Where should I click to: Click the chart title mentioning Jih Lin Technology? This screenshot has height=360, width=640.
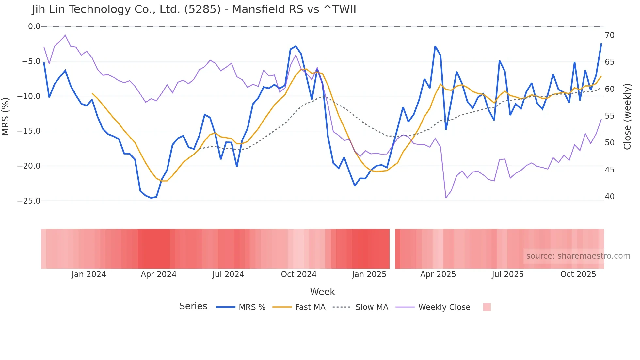[x=194, y=9]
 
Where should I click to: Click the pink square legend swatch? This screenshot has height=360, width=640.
[x=487, y=307]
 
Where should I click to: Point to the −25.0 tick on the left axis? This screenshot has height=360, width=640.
[x=29, y=201]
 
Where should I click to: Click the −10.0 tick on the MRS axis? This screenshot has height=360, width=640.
[x=29, y=96]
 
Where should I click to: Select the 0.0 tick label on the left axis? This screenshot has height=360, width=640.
[x=34, y=26]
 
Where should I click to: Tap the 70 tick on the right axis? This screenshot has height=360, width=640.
[x=609, y=35]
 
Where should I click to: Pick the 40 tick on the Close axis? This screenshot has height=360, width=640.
[x=609, y=197]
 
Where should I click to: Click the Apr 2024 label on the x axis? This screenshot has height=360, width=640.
[x=158, y=274]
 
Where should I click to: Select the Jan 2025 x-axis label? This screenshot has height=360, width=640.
[x=369, y=274]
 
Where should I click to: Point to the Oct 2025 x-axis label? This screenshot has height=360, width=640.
[x=578, y=274]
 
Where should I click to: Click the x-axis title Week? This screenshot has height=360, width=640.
[x=322, y=292]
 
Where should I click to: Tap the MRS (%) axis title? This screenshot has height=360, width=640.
[x=6, y=116]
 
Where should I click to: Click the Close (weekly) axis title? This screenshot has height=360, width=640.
[x=627, y=116]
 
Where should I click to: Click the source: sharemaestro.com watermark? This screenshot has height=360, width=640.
[x=578, y=256]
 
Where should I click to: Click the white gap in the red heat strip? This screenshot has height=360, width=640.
[x=392, y=249]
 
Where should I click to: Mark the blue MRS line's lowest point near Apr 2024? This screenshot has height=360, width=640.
[x=151, y=198]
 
